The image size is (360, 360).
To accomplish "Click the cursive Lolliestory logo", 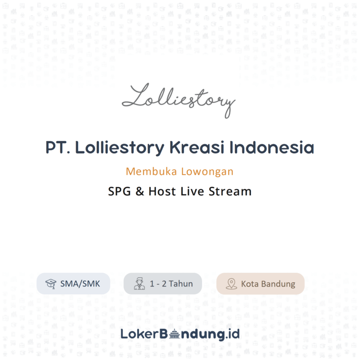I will click(179, 100).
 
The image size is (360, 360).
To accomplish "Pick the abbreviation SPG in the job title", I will click(120, 191).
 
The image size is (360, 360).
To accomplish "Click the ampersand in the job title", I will click(140, 191).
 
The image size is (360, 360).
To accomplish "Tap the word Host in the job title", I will click(162, 191).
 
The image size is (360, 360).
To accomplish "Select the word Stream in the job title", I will click(230, 191).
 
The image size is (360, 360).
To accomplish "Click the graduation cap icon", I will click(51, 284).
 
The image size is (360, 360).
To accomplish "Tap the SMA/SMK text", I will click(80, 284).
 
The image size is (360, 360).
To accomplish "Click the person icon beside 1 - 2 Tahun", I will click(139, 284).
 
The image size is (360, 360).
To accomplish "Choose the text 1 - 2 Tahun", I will click(171, 284).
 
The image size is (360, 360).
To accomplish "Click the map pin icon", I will click(231, 284).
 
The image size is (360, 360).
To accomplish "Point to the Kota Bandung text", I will click(268, 284).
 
